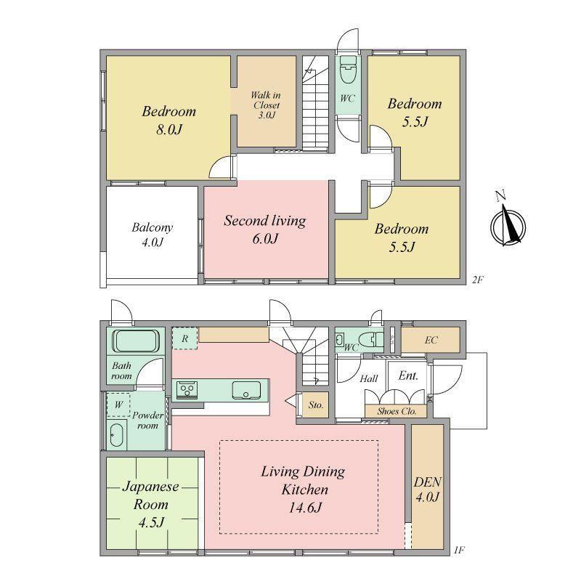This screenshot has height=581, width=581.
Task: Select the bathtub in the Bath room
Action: [136, 341]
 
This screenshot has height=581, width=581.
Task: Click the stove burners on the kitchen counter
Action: [187, 389]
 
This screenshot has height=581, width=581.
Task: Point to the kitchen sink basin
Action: [246, 390]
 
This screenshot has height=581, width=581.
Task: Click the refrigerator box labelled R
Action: [184, 338]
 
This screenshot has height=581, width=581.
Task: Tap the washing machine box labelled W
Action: [118, 405]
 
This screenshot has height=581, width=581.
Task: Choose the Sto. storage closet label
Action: [316, 405]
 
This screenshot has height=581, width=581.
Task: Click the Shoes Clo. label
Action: [397, 411]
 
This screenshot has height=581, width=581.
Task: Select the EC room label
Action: [431, 340]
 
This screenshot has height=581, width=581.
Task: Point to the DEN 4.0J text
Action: [427, 489]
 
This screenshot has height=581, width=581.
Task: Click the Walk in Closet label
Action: [266, 105]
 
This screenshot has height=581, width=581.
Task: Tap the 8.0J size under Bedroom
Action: [168, 129]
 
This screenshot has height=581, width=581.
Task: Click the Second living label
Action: [265, 221]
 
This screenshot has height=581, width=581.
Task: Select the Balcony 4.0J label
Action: [153, 235]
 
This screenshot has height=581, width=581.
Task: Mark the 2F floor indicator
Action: [478, 280]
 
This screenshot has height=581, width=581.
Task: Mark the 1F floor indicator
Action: [459, 550]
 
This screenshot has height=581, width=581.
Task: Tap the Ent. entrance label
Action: [408, 375]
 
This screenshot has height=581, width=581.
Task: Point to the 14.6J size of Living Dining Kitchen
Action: [305, 507]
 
